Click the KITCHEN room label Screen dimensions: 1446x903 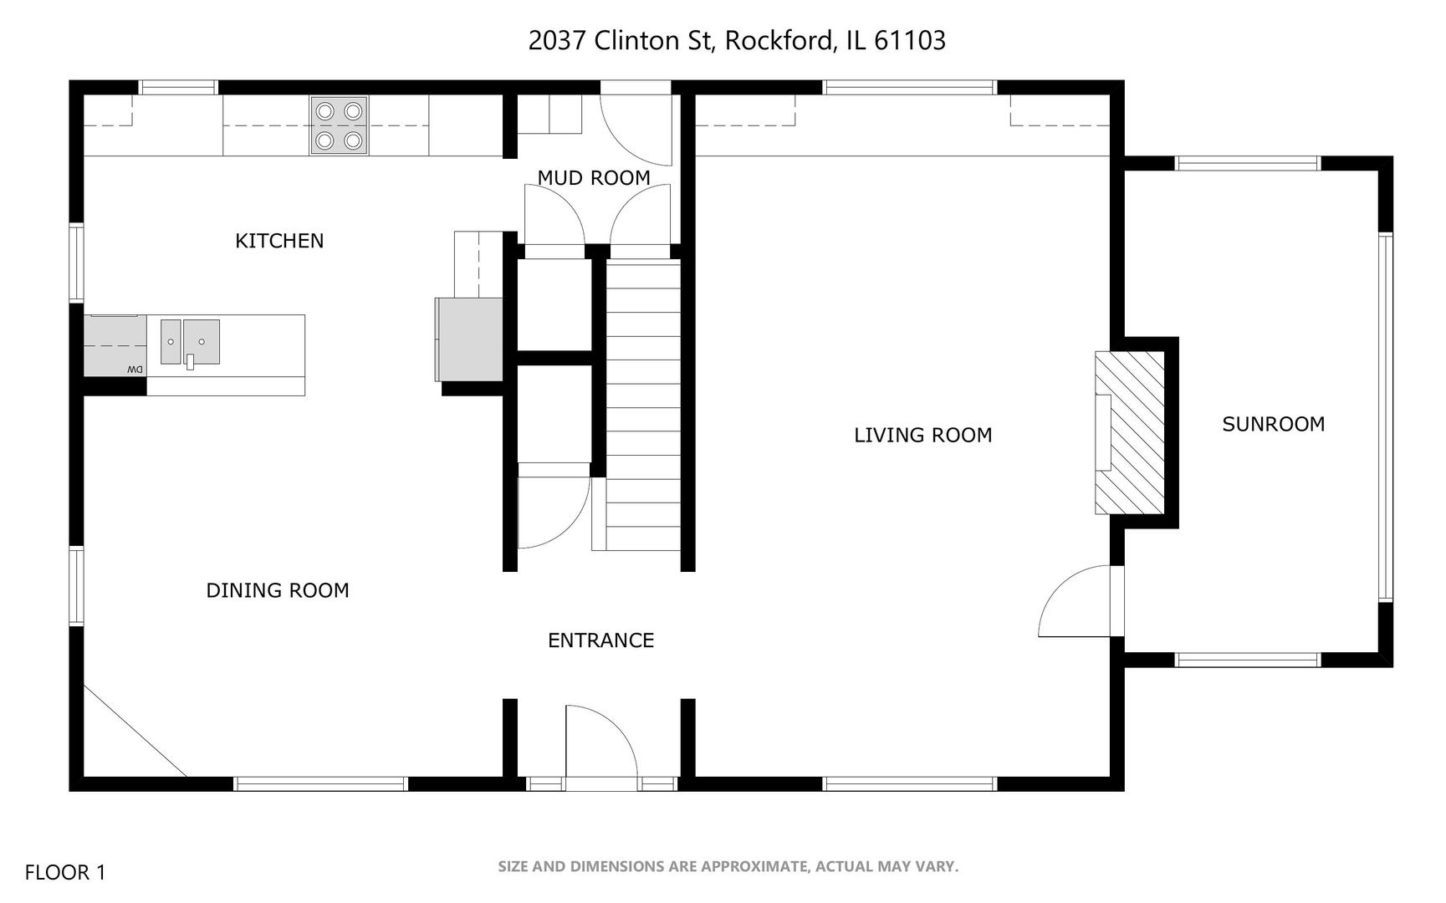pos(279,241)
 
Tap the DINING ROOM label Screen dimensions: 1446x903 pos(278,590)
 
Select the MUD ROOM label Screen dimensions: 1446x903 pos(594,178)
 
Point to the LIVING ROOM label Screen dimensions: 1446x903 pos(923,435)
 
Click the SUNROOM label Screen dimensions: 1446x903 pos(1274,424)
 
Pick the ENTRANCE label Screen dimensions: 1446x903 pos(600,640)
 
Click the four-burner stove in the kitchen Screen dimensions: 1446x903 pos(340,125)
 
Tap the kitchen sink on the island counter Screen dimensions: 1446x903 pos(190,343)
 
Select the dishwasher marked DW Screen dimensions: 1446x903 pos(115,345)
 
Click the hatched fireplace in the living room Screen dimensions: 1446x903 pos(1130,432)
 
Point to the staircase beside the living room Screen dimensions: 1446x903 pos(643,406)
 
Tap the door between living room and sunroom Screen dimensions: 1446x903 pos(1075,602)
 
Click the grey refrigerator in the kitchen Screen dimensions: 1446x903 pos(468,339)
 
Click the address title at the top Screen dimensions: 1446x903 pos(737,40)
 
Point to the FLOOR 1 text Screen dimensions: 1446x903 pos(65,873)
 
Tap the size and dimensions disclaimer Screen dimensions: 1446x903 pos(728,867)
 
